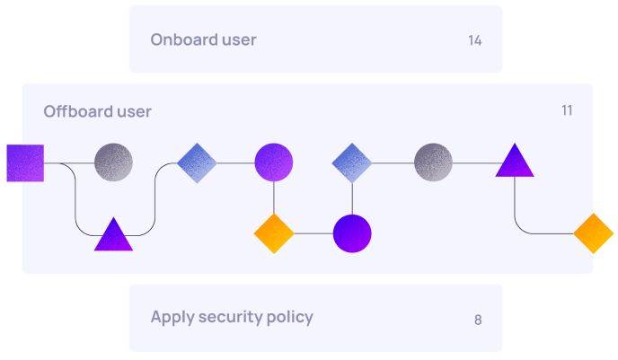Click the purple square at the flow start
click(x=25, y=162)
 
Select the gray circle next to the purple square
click(x=113, y=162)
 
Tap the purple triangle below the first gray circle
click(x=114, y=236)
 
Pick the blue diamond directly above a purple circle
click(x=352, y=162)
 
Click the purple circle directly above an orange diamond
click(x=274, y=162)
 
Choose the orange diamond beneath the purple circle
click(x=274, y=233)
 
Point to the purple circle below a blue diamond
click(x=352, y=233)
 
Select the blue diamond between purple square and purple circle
click(x=198, y=162)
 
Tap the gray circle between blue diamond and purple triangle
click(x=433, y=162)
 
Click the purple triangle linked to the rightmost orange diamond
click(x=515, y=162)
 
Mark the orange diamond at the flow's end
click(x=593, y=233)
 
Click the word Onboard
click(x=180, y=40)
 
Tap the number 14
click(x=475, y=40)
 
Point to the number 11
click(x=567, y=110)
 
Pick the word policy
click(x=289, y=317)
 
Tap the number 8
click(x=478, y=320)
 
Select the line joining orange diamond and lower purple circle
click(x=313, y=233)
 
